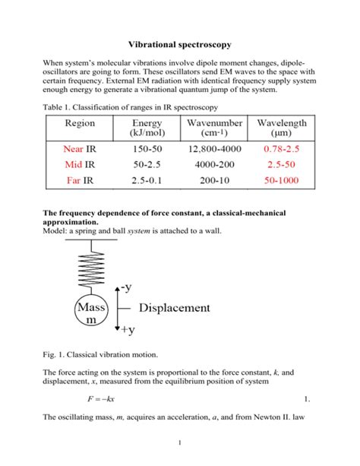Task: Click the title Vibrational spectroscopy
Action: [x=180, y=44]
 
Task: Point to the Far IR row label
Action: [x=81, y=180]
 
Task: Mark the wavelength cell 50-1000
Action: [x=282, y=180]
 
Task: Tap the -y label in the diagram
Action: [x=125, y=287]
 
